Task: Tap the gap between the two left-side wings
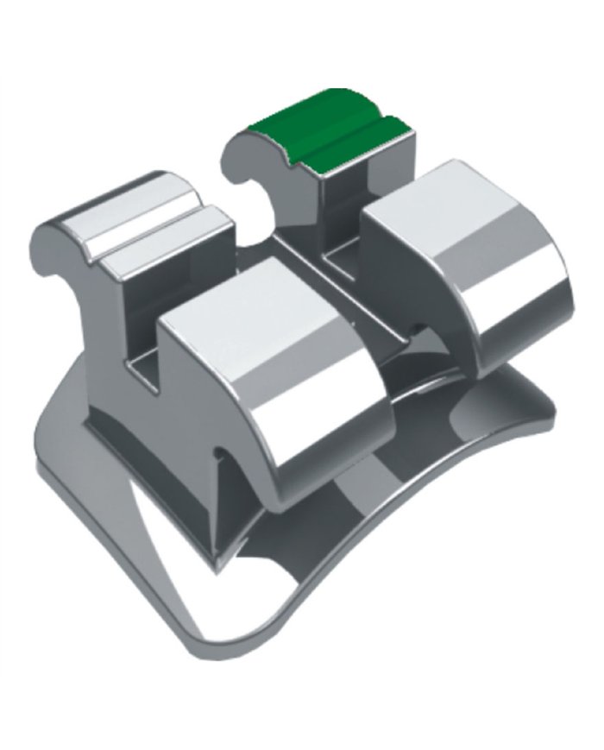[x=142, y=345]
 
